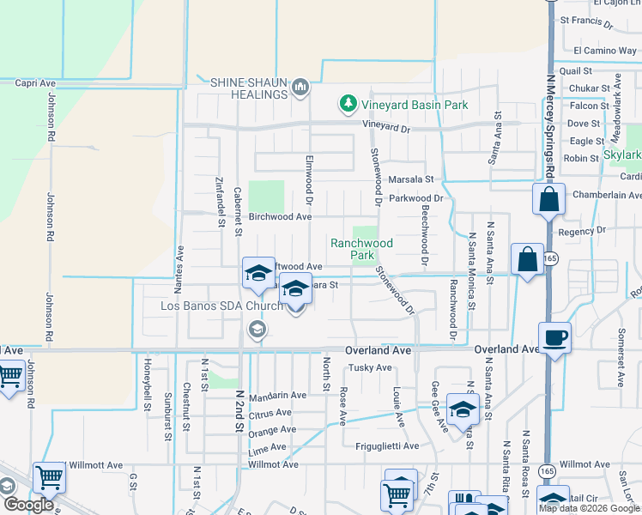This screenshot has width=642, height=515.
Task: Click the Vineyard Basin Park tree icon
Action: tap(348, 105)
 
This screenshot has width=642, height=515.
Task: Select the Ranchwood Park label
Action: tap(361, 249)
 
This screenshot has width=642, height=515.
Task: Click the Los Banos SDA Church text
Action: tap(221, 306)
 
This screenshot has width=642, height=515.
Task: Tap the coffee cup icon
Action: tap(554, 338)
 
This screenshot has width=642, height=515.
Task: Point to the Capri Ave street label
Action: tap(35, 83)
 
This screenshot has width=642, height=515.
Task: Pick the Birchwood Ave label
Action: tap(279, 217)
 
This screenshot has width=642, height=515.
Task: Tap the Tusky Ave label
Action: tap(369, 368)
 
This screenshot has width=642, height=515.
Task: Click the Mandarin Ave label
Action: tap(277, 396)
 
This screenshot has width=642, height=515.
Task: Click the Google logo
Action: tap(28, 505)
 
